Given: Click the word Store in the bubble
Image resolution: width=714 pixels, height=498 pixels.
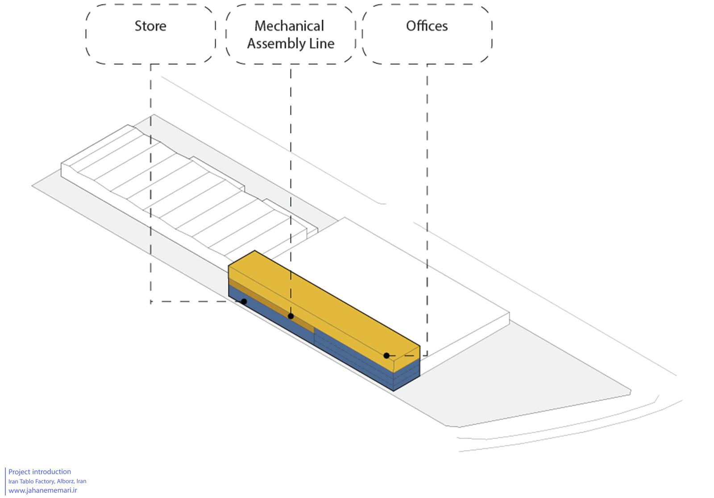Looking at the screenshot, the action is tap(150, 26).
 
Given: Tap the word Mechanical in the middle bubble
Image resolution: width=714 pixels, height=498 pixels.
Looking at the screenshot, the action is tap(289, 26).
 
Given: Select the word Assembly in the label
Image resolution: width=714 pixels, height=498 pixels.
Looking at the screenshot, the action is tap(272, 44).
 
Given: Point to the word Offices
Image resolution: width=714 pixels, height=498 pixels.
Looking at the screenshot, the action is tap(427, 26).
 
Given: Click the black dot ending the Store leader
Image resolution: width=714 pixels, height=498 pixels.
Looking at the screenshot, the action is tap(244, 301).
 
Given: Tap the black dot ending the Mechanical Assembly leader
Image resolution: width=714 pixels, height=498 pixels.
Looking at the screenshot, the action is tap(291, 316).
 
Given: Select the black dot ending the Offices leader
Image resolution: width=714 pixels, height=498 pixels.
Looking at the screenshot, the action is tap(386, 356).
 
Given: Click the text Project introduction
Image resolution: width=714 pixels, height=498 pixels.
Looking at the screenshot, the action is tap(40, 472).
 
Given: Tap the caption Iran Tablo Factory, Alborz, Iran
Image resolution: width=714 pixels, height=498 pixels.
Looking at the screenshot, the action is tap(47, 481).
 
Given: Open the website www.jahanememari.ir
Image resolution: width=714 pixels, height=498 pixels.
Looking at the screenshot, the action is tap(43, 490).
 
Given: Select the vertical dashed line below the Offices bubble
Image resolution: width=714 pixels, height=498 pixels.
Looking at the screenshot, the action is tap(427, 209).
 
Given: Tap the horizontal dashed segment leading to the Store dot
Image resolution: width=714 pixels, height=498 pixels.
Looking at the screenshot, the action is tap(195, 301).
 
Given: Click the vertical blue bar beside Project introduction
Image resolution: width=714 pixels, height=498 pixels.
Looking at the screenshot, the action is tap(5, 481).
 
